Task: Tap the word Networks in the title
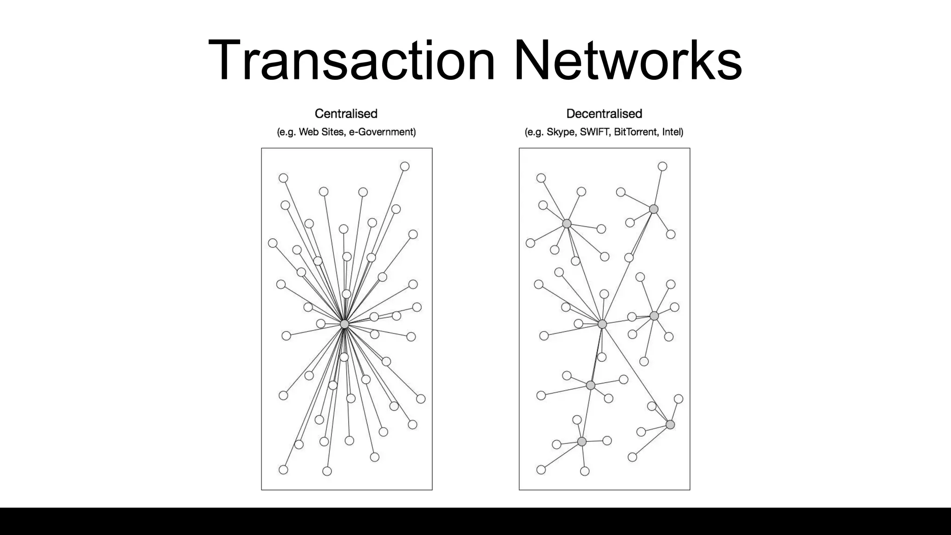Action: (627, 61)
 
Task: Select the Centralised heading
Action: (346, 114)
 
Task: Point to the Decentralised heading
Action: (604, 114)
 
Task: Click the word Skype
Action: (560, 132)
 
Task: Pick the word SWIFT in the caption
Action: (595, 132)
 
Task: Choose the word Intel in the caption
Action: (672, 132)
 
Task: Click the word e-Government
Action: (382, 132)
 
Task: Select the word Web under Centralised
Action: (309, 132)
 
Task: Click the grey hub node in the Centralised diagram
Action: (345, 324)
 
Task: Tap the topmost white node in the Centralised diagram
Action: (405, 166)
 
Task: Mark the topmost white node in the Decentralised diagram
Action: (663, 166)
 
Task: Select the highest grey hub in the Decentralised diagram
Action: (654, 209)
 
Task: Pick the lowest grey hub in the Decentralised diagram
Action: (582, 441)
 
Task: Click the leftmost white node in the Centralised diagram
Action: (273, 243)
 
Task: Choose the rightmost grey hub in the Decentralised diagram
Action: (670, 424)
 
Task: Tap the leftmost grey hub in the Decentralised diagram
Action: (567, 224)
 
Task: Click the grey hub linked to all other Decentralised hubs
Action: (602, 324)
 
